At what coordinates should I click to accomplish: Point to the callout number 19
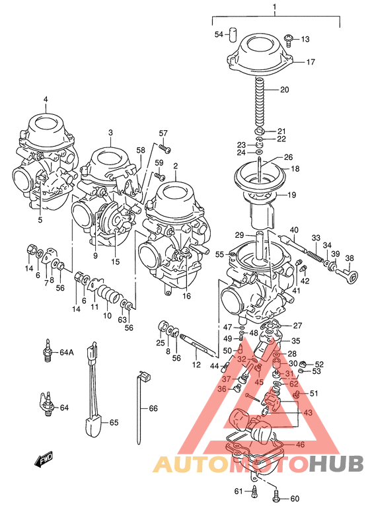[291, 195]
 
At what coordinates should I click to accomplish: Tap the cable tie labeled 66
[141, 410]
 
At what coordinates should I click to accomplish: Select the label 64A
[66, 352]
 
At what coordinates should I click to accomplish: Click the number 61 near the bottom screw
[238, 490]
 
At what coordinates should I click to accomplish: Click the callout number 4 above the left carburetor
[46, 100]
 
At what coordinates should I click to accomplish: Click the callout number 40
[294, 230]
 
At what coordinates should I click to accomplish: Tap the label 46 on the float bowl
[300, 445]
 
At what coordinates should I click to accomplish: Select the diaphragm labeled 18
[261, 176]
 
